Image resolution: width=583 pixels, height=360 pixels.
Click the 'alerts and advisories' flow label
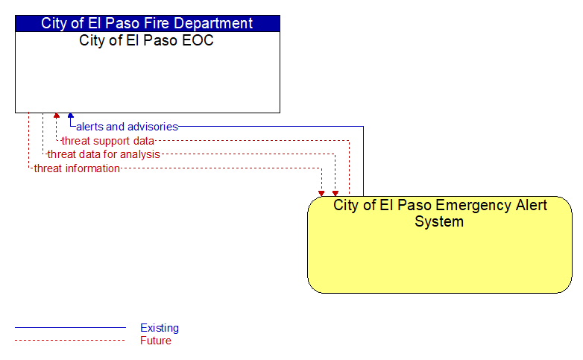click(x=127, y=127)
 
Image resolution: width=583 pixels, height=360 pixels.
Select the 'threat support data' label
click(x=108, y=141)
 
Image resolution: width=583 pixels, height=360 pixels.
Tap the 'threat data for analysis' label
click(x=104, y=154)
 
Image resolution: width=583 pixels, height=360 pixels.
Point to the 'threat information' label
click(x=77, y=168)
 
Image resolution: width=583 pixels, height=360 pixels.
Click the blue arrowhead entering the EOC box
click(x=71, y=116)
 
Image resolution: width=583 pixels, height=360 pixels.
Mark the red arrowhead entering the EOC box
click(x=57, y=116)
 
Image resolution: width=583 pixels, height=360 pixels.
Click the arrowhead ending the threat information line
click(x=321, y=194)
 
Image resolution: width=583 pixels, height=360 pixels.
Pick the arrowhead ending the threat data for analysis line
click(x=335, y=194)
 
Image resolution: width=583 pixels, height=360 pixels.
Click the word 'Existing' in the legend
click(x=160, y=328)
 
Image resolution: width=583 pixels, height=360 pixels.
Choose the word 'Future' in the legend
click(x=156, y=341)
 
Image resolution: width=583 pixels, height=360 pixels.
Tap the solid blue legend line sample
click(x=70, y=328)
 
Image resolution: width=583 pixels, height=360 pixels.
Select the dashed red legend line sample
click(x=70, y=340)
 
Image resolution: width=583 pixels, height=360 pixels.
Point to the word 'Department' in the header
click(x=213, y=24)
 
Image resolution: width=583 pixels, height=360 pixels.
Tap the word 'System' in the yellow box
click(x=439, y=221)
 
